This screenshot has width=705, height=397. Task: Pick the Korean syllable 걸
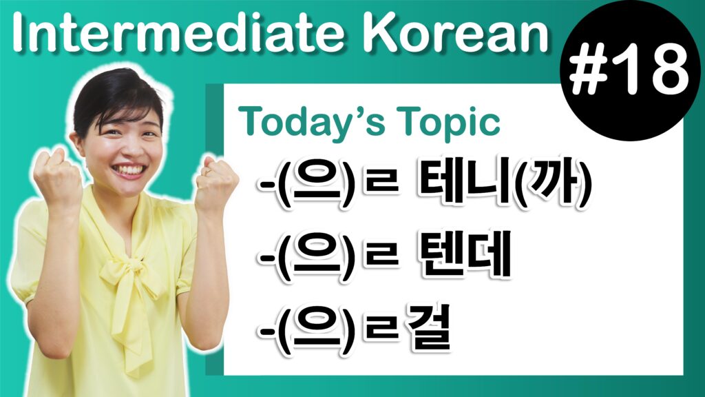click(x=427, y=329)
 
